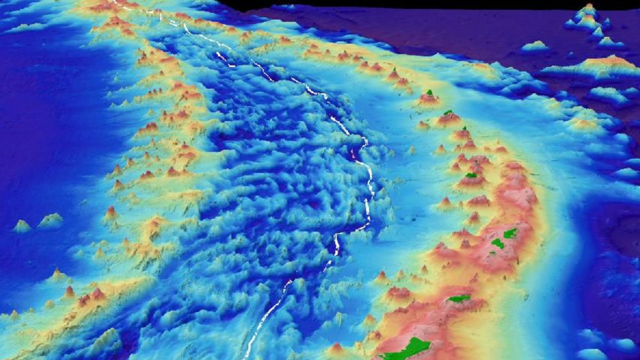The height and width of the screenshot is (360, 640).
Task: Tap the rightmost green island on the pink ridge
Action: [510, 233]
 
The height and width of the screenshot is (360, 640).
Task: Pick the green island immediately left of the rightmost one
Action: [498, 243]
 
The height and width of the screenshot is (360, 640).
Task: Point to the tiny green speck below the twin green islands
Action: [492, 253]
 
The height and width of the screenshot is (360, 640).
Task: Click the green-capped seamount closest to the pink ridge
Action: [471, 175]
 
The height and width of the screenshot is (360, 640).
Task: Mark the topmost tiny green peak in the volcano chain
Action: [394, 70]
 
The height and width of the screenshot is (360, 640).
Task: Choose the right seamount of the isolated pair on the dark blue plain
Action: [51, 220]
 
